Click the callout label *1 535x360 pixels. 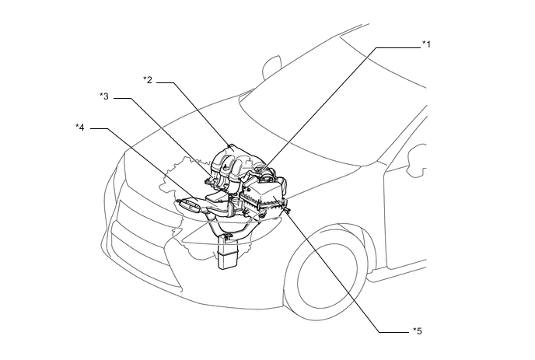pyautogui.click(x=426, y=46)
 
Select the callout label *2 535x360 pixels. pyautogui.click(x=147, y=80)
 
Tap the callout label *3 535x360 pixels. pyautogui.click(x=103, y=96)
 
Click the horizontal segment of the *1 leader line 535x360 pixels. pyautogui.click(x=398, y=47)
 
